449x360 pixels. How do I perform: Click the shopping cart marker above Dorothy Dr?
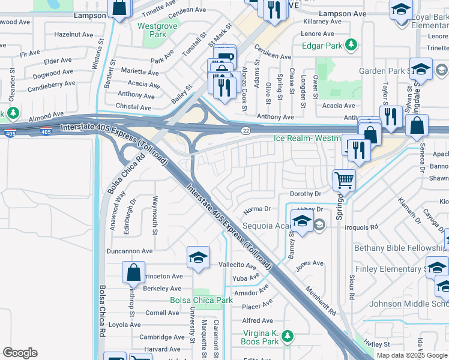(x=345, y=179)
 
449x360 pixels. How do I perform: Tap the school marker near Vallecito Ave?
(x=198, y=258)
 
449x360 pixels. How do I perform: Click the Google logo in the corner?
(x=20, y=353)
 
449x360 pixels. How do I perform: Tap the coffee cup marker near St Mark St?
(x=224, y=56)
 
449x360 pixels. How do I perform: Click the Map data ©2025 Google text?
(x=411, y=355)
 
